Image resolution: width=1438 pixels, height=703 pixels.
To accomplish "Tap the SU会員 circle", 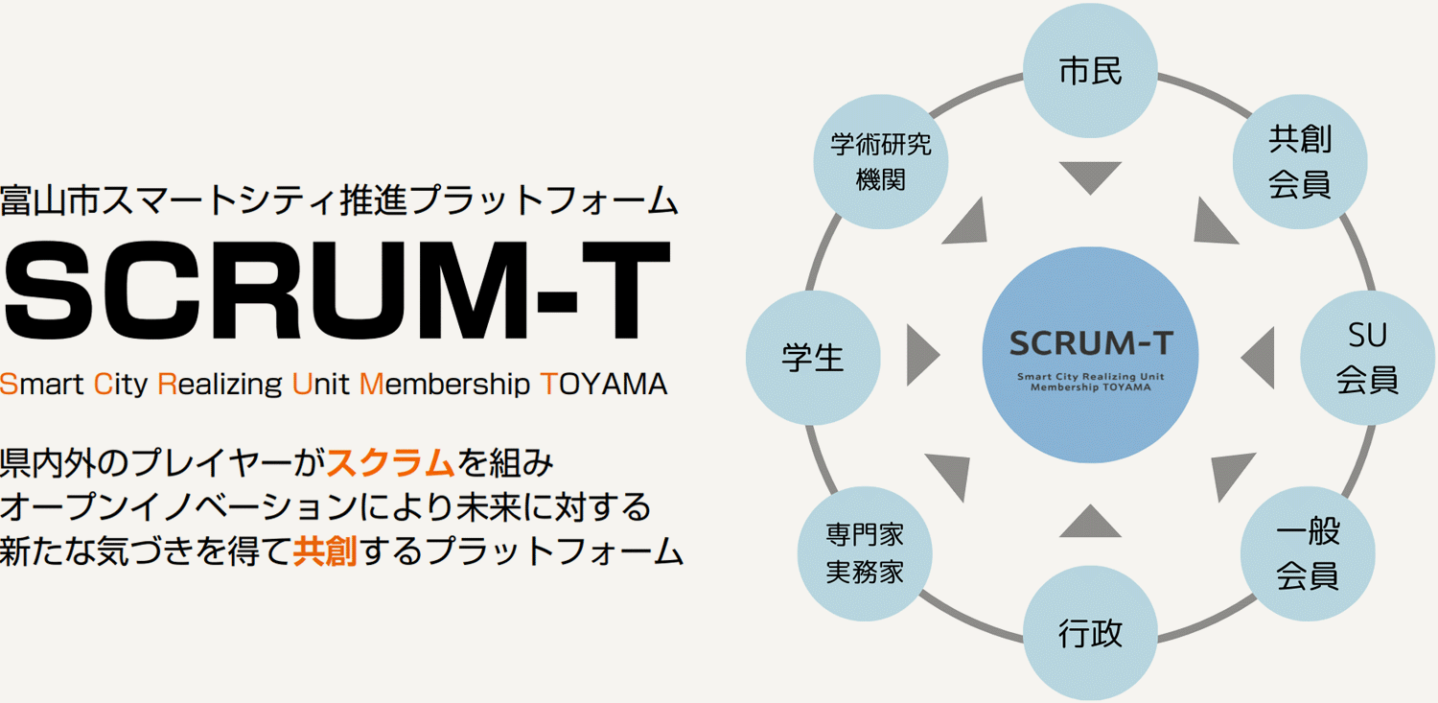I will pyautogui.click(x=1367, y=358).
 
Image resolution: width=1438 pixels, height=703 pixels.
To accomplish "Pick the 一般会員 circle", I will pyautogui.click(x=1308, y=553).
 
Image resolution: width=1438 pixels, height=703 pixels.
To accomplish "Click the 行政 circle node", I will pyautogui.click(x=1091, y=634).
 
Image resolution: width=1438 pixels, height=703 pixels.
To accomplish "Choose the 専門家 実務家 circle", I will pyautogui.click(x=865, y=553).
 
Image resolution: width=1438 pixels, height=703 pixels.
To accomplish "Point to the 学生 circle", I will pyautogui.click(x=813, y=358).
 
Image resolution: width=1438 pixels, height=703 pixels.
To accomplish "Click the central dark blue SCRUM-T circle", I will pyautogui.click(x=1091, y=355).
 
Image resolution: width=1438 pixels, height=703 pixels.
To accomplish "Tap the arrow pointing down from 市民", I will pyautogui.click(x=1091, y=176).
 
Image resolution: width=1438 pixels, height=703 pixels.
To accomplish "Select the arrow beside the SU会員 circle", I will pyautogui.click(x=1259, y=358).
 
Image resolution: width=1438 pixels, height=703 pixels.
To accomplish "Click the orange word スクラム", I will pyautogui.click(x=390, y=462).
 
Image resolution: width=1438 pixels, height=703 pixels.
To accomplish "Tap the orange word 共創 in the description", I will pyautogui.click(x=325, y=551).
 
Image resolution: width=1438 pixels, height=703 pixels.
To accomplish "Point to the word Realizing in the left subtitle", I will pyautogui.click(x=220, y=385).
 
